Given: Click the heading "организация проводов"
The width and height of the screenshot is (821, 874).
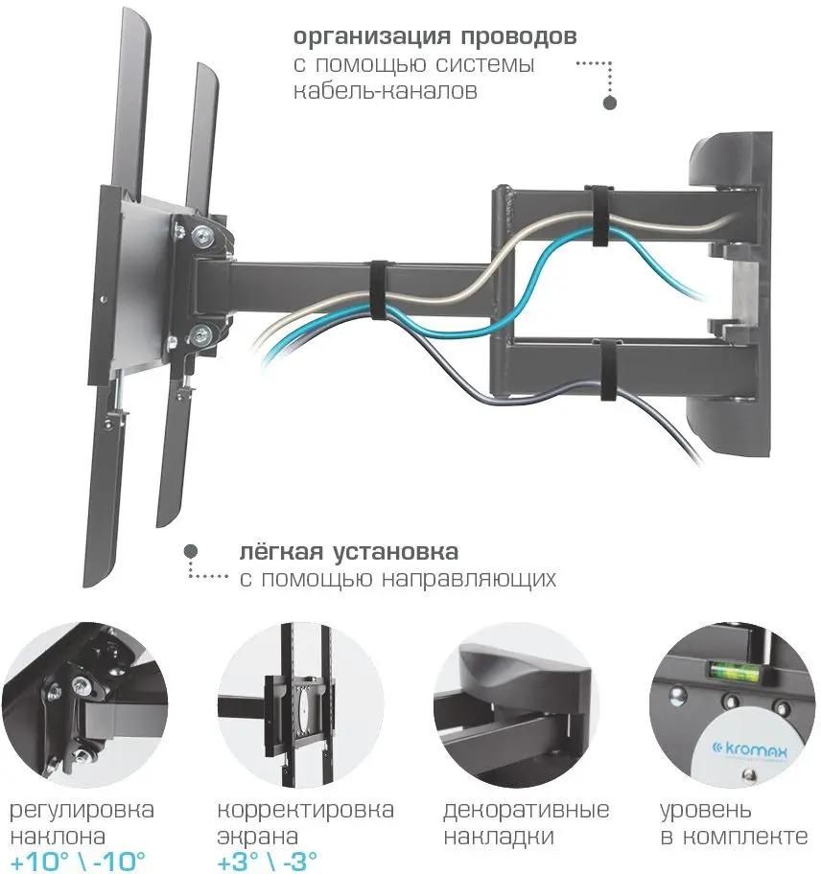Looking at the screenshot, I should tap(434, 38).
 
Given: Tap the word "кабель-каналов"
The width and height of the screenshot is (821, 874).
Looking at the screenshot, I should tap(385, 92).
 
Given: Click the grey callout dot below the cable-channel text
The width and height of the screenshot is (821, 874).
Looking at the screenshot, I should tap(608, 102).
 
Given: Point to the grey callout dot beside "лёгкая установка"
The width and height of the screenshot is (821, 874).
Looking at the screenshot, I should tap(191, 551).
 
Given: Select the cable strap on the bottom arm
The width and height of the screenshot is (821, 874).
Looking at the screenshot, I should tap(604, 369).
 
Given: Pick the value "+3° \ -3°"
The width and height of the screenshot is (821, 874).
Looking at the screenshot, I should tap(267, 859).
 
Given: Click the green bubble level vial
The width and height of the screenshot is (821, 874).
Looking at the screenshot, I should tap(730, 669).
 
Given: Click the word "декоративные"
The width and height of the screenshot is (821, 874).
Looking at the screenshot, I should tap(527, 811).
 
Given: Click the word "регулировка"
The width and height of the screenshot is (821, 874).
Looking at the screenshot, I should tap(82, 811).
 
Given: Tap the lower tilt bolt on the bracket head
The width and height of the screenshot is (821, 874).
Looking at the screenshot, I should tap(199, 333).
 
